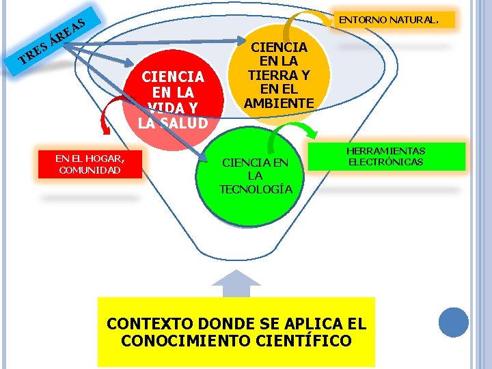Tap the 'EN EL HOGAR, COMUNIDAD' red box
pos(90,164)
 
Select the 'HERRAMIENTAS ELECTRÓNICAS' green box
pos(386,156)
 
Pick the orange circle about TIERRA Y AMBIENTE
pos(279,76)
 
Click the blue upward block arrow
pos(236,284)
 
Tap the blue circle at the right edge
pos(454,323)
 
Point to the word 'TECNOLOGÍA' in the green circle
pos(256,189)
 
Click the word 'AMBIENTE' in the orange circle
pos(279,103)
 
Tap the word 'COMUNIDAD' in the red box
pos(90,170)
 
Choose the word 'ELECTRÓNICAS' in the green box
pos(386,162)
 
